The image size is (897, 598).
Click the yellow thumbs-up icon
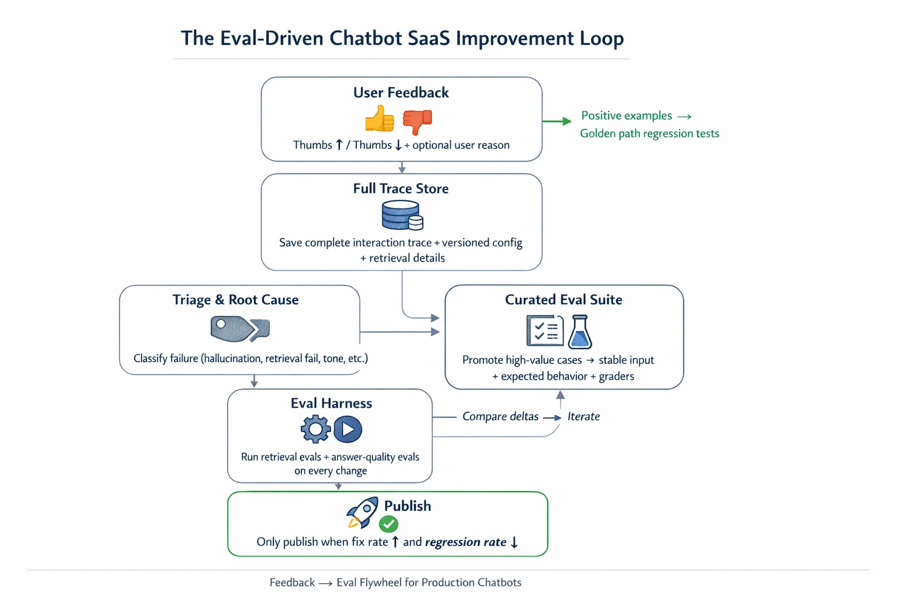coord(380,119)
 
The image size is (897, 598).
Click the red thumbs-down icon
coord(418,121)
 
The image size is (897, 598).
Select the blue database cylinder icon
coord(402,215)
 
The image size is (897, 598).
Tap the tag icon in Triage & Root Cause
coord(239,329)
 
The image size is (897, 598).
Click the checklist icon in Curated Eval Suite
coord(544,331)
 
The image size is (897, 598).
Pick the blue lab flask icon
coord(580,332)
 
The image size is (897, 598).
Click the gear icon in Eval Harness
coord(315,429)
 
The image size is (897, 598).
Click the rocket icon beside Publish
coord(362,512)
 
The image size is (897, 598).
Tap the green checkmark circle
coord(389,524)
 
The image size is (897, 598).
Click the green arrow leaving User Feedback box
coord(557,121)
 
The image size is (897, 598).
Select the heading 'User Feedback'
coord(401,93)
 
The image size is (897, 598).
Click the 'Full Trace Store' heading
coord(401,189)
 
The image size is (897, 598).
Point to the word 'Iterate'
coord(583,416)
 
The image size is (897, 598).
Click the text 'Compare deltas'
coord(500,416)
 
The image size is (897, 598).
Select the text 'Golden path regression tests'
coord(649,134)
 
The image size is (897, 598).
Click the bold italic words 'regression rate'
coord(465,542)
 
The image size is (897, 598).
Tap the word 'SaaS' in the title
coord(429,38)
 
